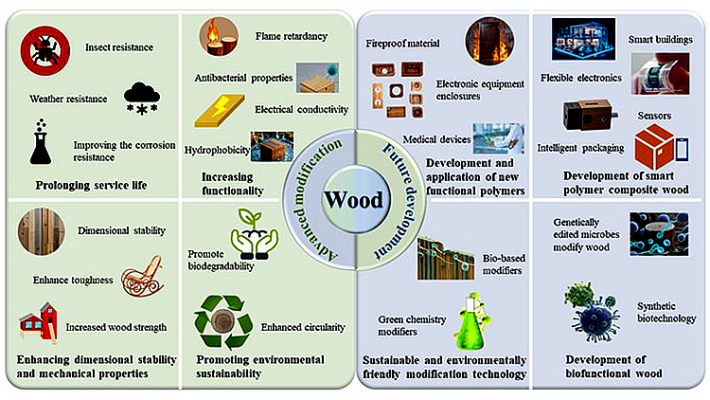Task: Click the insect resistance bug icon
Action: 44,48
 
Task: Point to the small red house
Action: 39,324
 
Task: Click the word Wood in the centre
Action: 355,200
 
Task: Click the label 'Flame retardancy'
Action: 291,37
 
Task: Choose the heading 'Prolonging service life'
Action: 93,183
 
